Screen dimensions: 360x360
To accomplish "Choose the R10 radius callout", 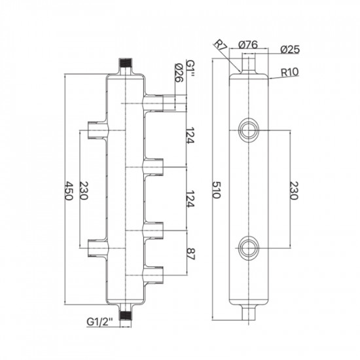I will (291, 73).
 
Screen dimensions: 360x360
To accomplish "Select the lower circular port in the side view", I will (249, 247).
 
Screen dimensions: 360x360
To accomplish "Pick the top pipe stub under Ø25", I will (249, 63).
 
